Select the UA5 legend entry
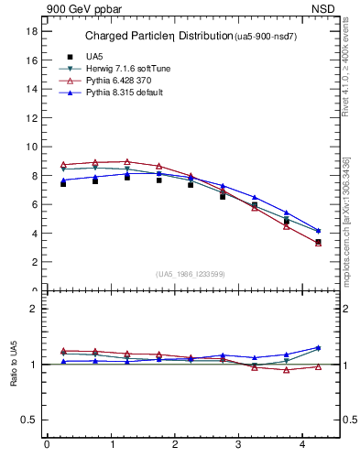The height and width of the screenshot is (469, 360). pos(94,57)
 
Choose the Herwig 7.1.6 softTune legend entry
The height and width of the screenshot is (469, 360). pos(128,69)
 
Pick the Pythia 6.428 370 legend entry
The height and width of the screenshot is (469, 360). pos(125,81)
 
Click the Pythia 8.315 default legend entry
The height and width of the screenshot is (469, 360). pos(129,93)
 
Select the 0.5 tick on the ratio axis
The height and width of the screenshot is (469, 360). pos(29,420)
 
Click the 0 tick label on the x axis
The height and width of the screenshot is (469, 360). pos(47,445)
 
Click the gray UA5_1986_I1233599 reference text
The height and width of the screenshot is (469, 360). pos(191,274)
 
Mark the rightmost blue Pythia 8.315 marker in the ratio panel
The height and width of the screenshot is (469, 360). pos(318,348)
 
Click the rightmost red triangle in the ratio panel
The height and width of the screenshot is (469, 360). pos(318,366)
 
